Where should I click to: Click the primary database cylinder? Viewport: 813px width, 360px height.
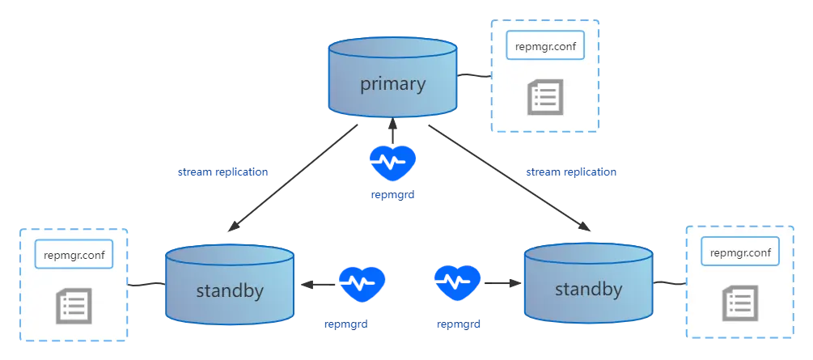(392, 77)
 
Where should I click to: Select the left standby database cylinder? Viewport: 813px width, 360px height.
(230, 283)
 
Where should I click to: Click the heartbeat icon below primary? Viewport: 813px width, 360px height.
(392, 163)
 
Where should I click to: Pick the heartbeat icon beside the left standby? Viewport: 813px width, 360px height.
(362, 284)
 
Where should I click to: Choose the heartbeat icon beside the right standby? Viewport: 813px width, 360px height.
(458, 283)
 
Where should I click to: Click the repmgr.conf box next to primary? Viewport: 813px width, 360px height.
(545, 46)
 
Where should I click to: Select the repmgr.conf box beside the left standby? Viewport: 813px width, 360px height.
(74, 254)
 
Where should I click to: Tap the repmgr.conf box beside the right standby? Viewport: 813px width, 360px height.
(740, 252)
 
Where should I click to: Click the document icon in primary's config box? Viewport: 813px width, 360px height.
(545, 97)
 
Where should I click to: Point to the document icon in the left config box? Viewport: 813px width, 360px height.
(74, 306)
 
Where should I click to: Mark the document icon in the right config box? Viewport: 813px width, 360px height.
(740, 303)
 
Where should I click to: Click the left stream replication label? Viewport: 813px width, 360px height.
(223, 172)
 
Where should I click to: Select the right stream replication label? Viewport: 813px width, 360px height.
(571, 172)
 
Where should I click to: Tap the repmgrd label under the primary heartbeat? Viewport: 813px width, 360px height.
(392, 196)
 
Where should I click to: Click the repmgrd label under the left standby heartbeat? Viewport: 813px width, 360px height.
(346, 324)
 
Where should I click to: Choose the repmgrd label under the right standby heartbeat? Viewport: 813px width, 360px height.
(459, 324)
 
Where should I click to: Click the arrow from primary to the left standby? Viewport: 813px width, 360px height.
(293, 177)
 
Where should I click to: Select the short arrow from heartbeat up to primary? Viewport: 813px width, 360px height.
(392, 131)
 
